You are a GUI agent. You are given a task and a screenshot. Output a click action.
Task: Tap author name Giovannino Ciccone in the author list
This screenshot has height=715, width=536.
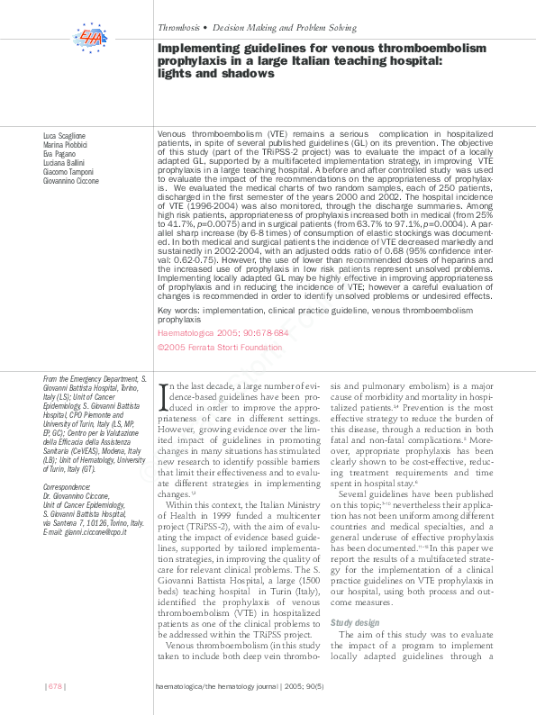tap(71, 180)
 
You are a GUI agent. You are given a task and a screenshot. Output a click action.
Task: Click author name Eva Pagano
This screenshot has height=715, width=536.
tap(59, 153)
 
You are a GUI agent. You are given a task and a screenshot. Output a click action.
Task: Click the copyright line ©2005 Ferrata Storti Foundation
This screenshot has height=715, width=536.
tap(219, 346)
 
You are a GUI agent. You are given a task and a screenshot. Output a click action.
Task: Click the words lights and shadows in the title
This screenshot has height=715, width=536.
tap(215, 74)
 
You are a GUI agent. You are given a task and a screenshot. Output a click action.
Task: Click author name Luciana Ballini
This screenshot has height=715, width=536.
tap(64, 162)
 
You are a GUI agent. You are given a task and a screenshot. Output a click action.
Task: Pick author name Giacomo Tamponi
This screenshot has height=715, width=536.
tap(67, 171)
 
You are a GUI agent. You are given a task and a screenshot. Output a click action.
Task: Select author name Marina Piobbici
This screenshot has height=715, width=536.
tap(65, 144)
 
